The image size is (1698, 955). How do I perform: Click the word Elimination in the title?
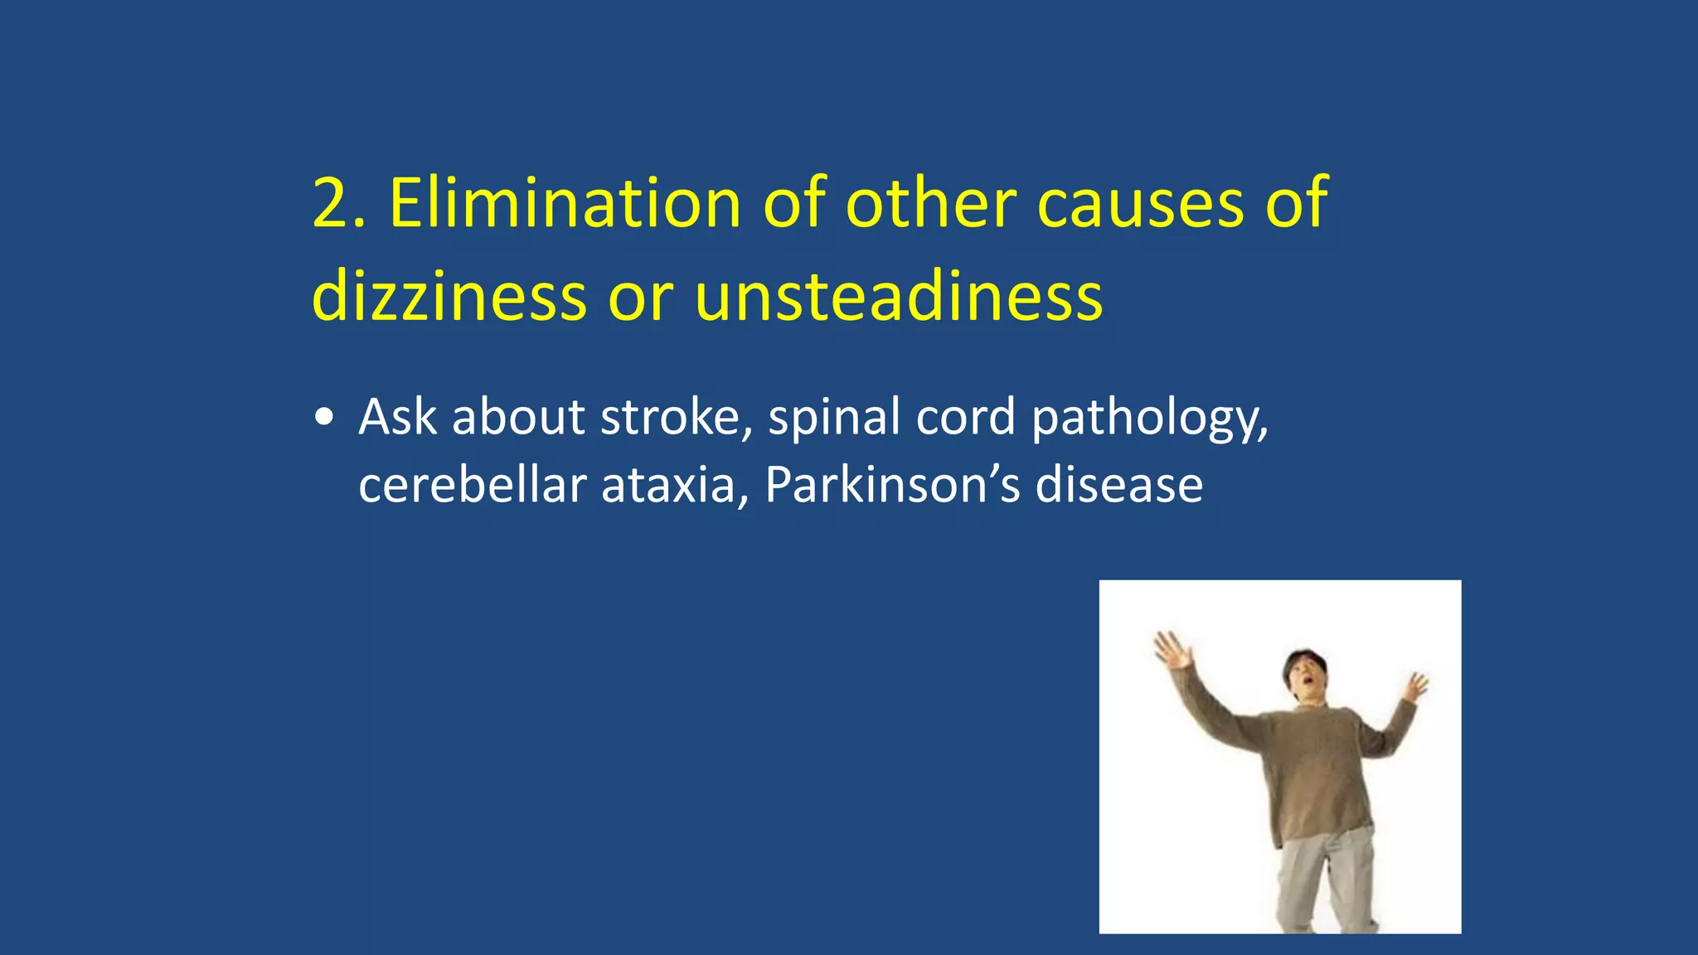[564, 204]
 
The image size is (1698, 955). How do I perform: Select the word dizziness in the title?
[449, 297]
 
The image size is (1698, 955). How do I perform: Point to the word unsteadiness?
[898, 297]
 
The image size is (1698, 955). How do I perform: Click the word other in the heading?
[930, 204]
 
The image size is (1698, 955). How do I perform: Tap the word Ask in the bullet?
[397, 417]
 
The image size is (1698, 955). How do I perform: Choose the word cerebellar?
[472, 485]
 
